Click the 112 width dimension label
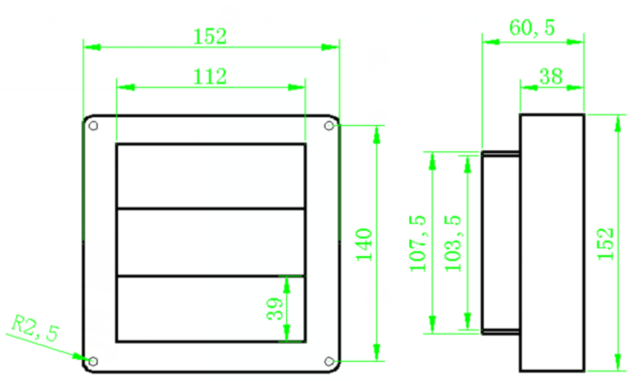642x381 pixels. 210,77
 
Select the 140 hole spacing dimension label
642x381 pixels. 364,245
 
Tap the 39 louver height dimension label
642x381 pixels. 274,309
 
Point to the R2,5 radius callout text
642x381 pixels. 35,328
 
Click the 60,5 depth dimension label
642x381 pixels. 532,28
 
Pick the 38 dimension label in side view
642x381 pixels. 551,77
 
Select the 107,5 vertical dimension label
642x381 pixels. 418,243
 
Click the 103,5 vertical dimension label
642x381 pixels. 453,243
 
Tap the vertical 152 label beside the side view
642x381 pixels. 605,244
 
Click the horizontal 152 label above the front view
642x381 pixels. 210,37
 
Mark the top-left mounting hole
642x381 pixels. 94,126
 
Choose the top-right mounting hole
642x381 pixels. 329,126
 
